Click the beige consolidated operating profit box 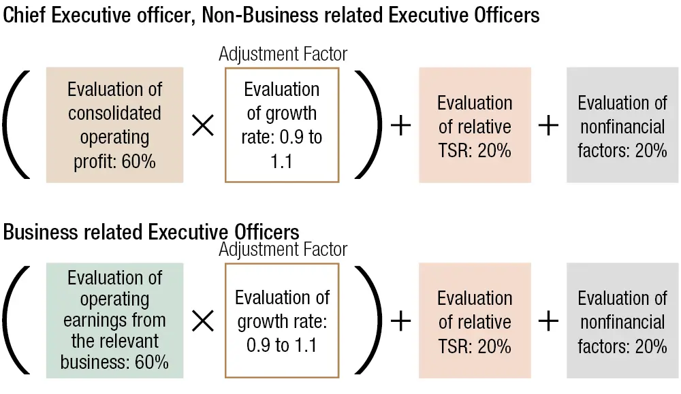tap(114, 125)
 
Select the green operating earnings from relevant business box tap(114, 321)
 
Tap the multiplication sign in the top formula tap(203, 126)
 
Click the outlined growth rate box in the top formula tap(282, 125)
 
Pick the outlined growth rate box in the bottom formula tap(282, 321)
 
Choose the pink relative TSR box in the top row tap(475, 125)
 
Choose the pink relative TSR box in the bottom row tap(475, 321)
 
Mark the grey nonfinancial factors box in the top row tap(622, 125)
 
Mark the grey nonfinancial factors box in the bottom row tap(622, 321)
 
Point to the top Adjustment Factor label tap(283, 54)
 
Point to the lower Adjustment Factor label tap(283, 250)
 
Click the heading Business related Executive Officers tap(151, 232)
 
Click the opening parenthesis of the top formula tap(16, 125)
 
